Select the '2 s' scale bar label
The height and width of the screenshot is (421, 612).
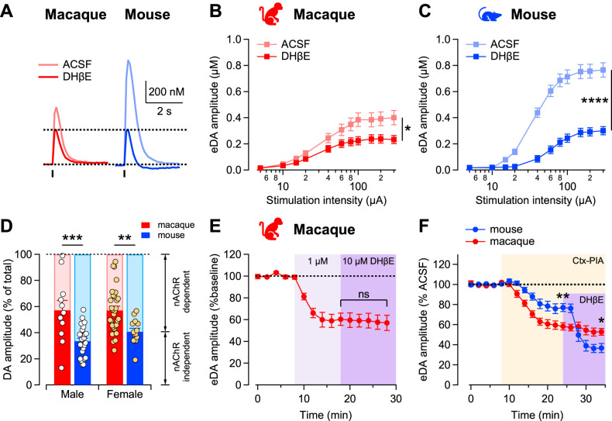tap(167, 110)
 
